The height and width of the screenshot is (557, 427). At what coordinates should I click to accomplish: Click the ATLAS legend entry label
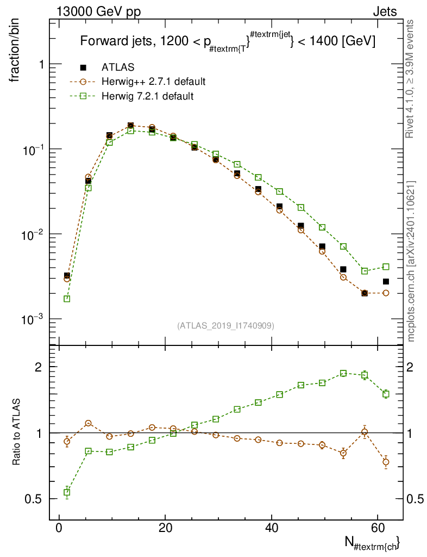118,67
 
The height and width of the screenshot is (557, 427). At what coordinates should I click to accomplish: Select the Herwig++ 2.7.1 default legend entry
153,82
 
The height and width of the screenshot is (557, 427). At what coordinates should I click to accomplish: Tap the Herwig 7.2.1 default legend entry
147,96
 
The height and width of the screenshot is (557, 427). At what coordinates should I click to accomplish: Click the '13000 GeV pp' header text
98,11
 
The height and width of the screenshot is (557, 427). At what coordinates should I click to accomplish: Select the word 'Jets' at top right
384,11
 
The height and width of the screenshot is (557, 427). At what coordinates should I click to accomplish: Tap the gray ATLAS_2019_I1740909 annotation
225,326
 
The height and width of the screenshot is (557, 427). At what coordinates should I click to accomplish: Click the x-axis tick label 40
272,529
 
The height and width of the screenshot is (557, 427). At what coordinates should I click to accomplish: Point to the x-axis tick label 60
378,529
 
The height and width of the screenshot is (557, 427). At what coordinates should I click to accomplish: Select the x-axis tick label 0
59,529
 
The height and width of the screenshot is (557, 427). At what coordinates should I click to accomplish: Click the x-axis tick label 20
165,529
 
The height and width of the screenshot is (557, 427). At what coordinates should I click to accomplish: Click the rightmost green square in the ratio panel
386,394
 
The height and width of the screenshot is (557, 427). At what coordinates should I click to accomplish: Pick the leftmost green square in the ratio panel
67,492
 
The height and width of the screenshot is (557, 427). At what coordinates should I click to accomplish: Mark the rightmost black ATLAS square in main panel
386,281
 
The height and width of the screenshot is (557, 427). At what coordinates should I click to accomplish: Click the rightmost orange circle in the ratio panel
386,462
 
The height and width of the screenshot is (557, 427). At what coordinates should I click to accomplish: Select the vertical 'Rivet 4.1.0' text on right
411,79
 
